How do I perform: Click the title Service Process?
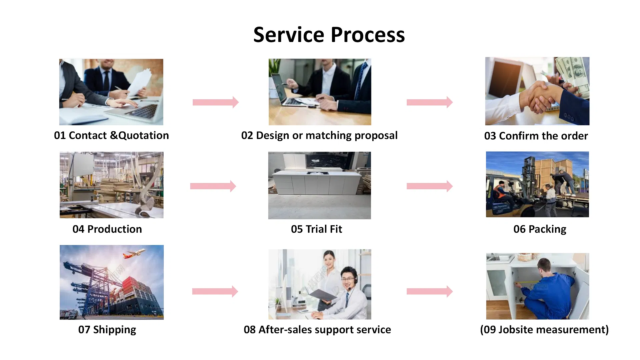tap(329, 35)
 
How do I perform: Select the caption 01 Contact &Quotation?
tap(111, 135)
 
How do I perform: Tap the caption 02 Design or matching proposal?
tap(319, 135)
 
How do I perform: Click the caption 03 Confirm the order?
tap(536, 136)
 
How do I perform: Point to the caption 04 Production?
tap(107, 229)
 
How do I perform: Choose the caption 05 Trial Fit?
tap(316, 229)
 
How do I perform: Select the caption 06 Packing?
tap(540, 229)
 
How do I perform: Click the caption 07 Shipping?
tap(107, 329)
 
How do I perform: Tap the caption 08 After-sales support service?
tap(317, 329)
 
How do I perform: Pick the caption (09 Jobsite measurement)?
tap(544, 329)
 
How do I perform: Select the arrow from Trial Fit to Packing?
tap(429, 186)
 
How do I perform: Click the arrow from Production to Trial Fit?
tap(213, 186)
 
